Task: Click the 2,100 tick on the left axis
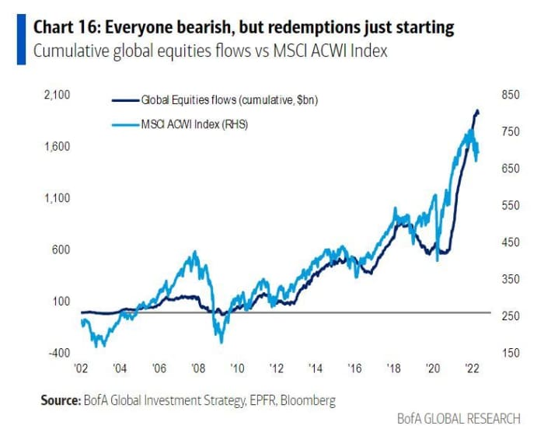click(58, 96)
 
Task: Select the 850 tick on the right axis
click(509, 96)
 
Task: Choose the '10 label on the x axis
click(237, 368)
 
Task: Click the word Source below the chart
click(60, 400)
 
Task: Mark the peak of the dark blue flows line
click(476, 111)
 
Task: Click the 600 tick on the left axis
click(61, 249)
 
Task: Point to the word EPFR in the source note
click(249, 400)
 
